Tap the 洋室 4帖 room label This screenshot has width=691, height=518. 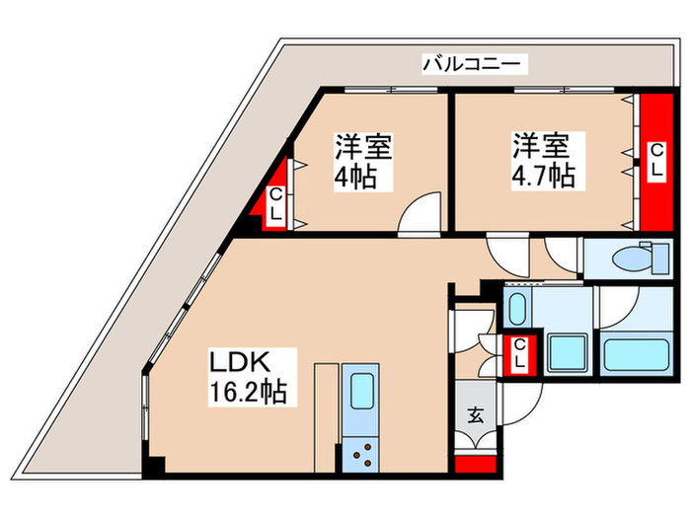click(x=362, y=164)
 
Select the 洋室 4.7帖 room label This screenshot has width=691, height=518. click(x=542, y=163)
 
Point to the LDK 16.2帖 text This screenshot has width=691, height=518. click(x=246, y=376)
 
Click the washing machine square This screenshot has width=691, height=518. click(x=568, y=351)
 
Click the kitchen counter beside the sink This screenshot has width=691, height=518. click(x=327, y=414)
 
